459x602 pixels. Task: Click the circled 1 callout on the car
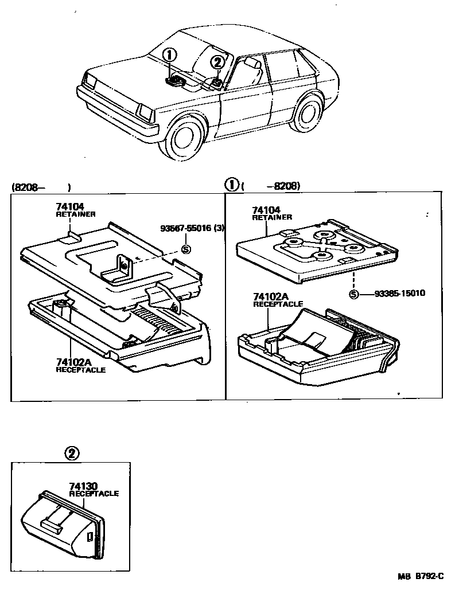pos(169,55)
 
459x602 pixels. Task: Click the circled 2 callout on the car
pos(217,62)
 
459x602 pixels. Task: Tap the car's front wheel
pos(186,139)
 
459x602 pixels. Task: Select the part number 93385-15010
pos(400,294)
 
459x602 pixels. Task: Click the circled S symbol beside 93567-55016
pos(185,249)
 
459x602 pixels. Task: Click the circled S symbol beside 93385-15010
pos(354,294)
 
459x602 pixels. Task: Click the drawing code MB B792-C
pos(421,578)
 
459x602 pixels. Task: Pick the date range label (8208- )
pos(40,187)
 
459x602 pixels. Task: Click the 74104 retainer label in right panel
pos(271,213)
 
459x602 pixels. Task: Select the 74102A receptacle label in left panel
pos(80,365)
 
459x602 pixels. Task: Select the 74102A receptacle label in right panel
pos(278,300)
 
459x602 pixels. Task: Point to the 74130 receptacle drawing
pos(63,523)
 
